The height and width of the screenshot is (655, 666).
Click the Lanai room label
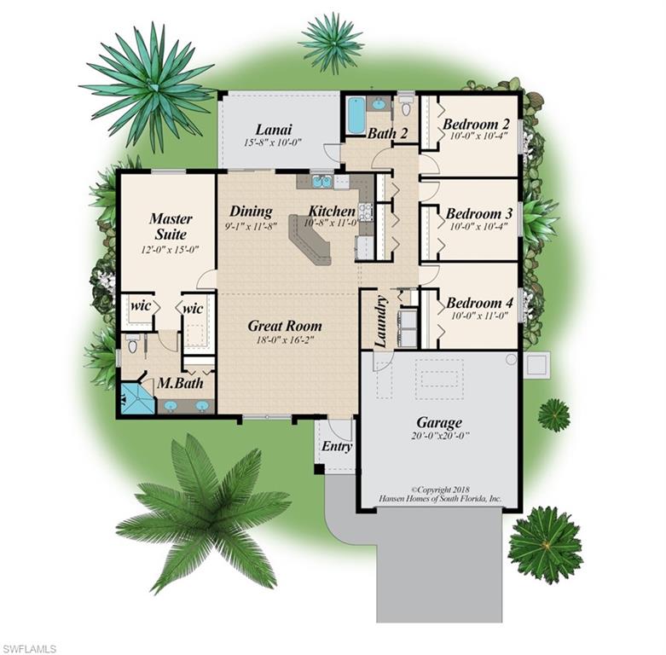tap(274, 129)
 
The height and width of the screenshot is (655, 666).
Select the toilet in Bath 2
tap(405, 106)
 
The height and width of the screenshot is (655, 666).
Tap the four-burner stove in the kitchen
tap(365, 211)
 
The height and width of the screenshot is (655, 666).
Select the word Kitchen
tap(332, 211)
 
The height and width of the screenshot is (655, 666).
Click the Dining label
tap(251, 211)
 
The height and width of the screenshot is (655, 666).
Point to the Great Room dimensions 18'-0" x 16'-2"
tap(285, 339)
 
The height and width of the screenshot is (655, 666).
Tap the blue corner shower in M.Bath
tap(135, 397)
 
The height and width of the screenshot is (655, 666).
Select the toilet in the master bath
tap(131, 345)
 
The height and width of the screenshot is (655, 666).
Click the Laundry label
tap(381, 322)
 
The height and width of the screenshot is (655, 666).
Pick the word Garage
tap(439, 422)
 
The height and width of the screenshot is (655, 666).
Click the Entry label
tap(337, 446)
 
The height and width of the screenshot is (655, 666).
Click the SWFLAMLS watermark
tap(29, 648)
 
